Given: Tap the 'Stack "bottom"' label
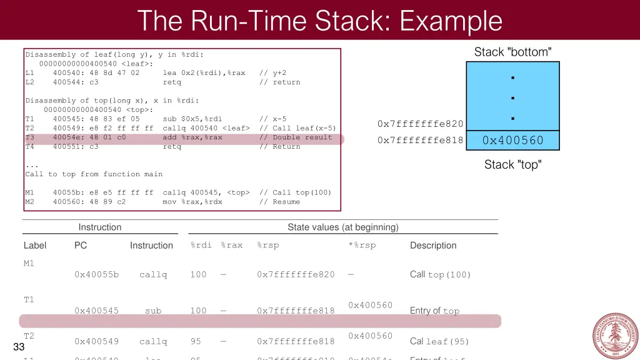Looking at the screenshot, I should click(512, 52).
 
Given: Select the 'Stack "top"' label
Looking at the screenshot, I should click(512, 165).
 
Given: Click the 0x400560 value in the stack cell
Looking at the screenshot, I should click(512, 141).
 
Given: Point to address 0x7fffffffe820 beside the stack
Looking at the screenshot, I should click(421, 124).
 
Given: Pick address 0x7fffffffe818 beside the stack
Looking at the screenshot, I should click(421, 141).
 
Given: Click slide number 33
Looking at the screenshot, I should click(18, 347).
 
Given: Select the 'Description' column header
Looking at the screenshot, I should click(433, 246).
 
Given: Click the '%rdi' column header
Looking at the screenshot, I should click(201, 245).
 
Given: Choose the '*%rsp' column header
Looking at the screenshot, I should click(362, 245).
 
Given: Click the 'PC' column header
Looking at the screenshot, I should click(81, 246).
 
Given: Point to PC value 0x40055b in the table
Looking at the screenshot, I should click(96, 274).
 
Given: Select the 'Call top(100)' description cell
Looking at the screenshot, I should click(440, 274).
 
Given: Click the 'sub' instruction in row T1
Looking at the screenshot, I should click(153, 311).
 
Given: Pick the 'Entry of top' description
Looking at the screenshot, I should click(434, 311).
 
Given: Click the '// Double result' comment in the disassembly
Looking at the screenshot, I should click(302, 137).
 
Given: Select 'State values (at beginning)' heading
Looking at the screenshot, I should click(342, 227).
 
